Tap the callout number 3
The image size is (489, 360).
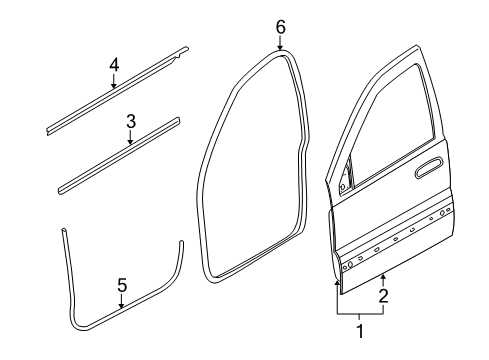click(131, 121)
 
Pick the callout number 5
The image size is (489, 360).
click(121, 285)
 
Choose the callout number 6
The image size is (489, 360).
click(281, 25)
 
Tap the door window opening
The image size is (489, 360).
click(390, 120)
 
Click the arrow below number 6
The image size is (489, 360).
click(281, 43)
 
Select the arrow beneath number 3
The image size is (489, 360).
click(131, 140)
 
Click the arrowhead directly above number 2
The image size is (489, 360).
click(383, 275)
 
